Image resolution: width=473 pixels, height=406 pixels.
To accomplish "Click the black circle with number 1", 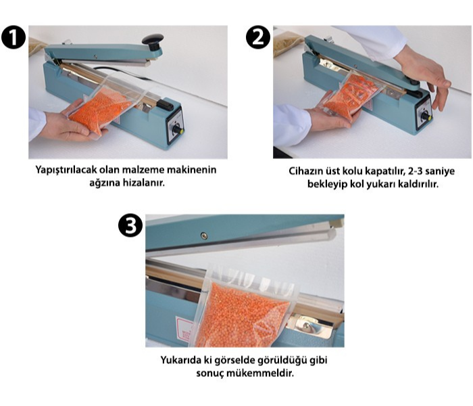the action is coord(14,37).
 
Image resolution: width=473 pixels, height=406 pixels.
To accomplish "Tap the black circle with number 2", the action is coord(258,37).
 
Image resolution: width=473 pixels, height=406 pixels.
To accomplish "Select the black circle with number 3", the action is coord(130,225).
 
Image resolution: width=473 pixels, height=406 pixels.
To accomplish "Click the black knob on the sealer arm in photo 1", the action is coord(153,42).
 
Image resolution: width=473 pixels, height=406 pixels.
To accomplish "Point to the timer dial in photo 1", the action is coord(177,130).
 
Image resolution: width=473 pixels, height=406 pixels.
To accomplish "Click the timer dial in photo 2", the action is coord(426,116).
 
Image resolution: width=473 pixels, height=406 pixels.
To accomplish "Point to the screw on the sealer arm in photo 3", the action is coord(204,235).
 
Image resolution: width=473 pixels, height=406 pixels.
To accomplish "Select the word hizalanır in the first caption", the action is coord(144,183).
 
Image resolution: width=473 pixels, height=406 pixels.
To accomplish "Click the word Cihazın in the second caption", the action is coord(305,171).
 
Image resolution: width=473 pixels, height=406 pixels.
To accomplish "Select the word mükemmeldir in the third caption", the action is coord(259,374).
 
